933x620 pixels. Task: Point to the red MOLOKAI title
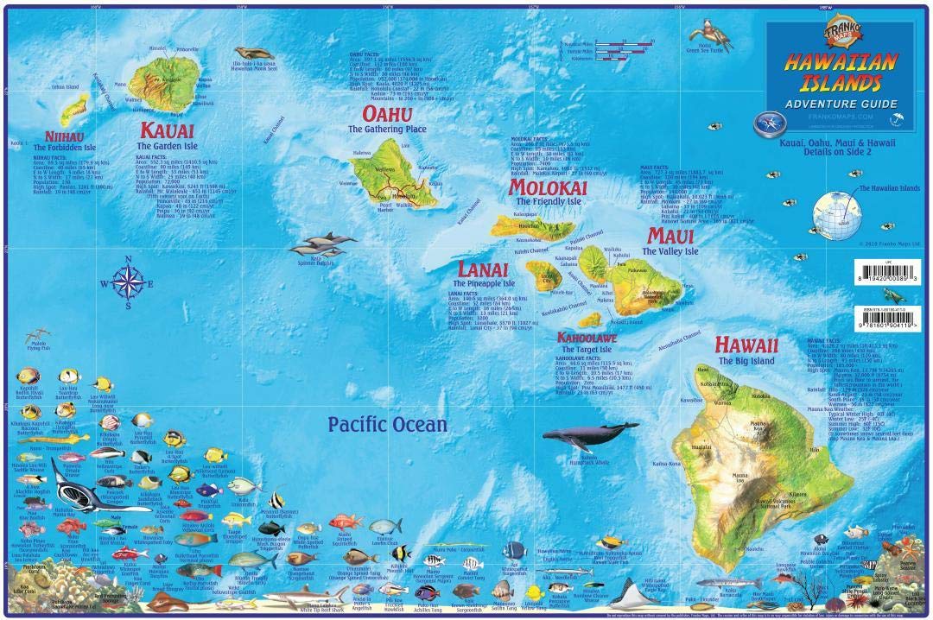(x=572, y=187)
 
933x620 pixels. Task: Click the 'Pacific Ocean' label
(x=387, y=424)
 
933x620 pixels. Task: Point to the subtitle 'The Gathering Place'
(x=387, y=130)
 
